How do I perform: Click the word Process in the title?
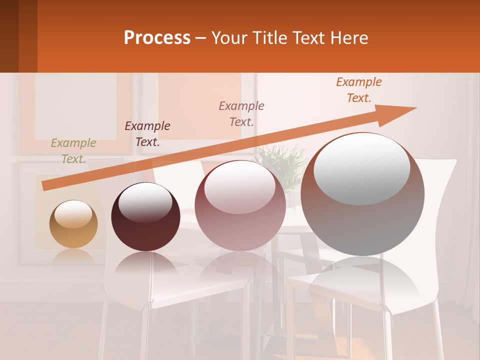(x=157, y=38)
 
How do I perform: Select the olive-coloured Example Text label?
(x=73, y=151)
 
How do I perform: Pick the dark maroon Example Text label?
(x=147, y=134)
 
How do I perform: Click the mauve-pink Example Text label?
(x=241, y=113)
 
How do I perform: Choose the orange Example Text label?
(x=358, y=90)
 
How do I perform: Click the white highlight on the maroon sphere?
(x=145, y=202)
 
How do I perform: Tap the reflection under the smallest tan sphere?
(x=73, y=256)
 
